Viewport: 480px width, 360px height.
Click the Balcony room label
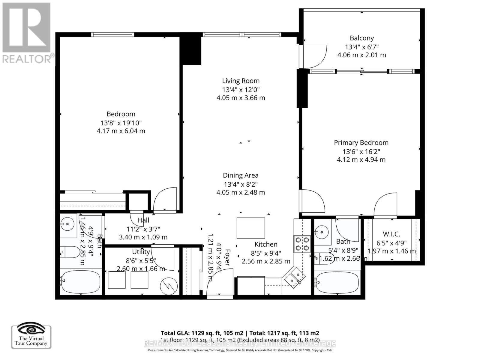(361, 38)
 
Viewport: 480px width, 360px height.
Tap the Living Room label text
(241, 81)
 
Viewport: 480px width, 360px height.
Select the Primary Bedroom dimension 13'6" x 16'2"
(361, 151)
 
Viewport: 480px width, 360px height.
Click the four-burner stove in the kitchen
(302, 244)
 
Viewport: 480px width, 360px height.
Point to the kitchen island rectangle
(251, 228)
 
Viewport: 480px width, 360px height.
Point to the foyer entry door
(220, 283)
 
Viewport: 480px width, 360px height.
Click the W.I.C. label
(391, 234)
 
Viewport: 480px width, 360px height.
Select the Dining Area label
(241, 175)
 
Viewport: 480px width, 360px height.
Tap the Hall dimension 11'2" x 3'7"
(143, 229)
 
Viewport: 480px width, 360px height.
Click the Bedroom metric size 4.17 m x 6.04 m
(121, 131)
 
